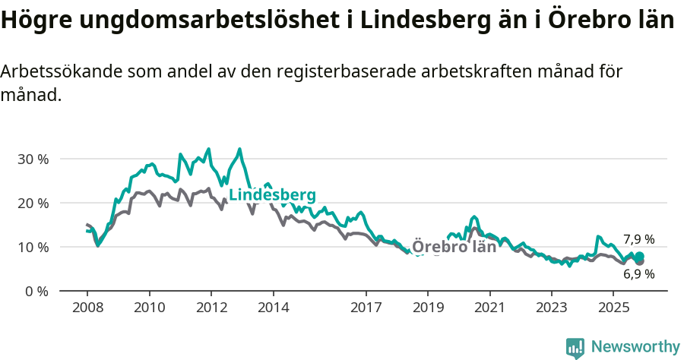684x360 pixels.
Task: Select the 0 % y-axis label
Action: pos(36,292)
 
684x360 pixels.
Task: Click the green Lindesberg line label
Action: pos(272,195)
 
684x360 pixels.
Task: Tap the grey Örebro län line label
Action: pos(454,247)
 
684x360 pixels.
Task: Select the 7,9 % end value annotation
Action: pos(638,239)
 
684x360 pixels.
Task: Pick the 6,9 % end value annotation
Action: pos(638,275)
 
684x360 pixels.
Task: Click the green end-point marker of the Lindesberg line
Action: pos(639,257)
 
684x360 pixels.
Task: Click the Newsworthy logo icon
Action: pos(575,347)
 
